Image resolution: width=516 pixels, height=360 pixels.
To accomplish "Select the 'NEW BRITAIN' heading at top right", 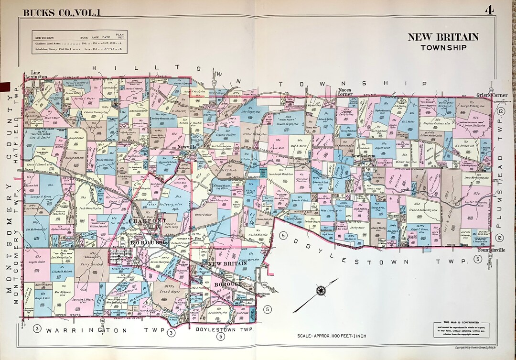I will point(443,37).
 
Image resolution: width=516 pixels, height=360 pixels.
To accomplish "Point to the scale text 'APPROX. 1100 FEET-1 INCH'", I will point(332,336).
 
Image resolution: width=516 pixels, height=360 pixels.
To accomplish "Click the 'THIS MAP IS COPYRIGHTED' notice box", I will point(462,329).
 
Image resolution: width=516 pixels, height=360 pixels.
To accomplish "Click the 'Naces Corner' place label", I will point(345,92).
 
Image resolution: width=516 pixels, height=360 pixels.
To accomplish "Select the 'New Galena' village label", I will point(365,156).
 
